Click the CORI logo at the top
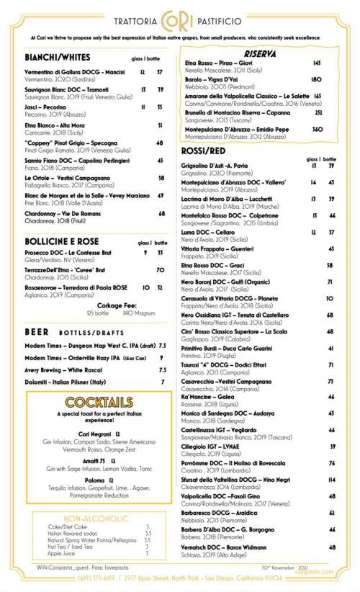179,16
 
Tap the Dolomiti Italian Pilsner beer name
63,380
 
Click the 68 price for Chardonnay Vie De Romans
160,213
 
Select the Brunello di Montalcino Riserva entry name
238,112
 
